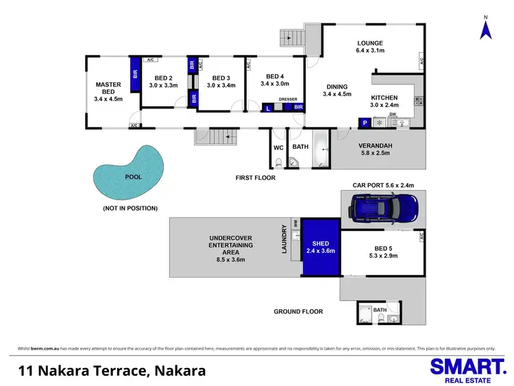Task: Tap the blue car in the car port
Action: [x=384, y=206]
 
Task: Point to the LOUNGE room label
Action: [x=369, y=47]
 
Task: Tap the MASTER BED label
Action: [x=108, y=89]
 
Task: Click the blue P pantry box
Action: [x=365, y=123]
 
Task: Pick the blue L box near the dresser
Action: [x=268, y=108]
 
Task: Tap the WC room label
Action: [x=278, y=147]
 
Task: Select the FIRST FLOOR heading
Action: [x=255, y=178]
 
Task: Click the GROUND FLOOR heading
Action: [x=298, y=311]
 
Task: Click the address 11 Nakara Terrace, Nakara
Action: [x=112, y=371]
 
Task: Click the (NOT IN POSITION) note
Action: [x=130, y=208]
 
